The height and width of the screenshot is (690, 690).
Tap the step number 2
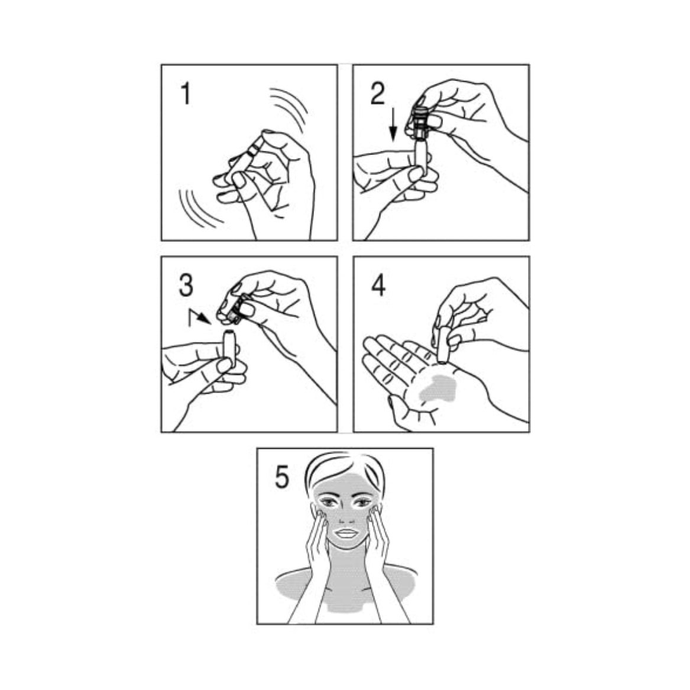378,93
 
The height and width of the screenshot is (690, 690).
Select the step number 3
186,284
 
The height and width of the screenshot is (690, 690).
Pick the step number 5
282,477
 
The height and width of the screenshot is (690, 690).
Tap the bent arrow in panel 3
199,317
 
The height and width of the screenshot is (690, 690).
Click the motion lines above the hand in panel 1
288,109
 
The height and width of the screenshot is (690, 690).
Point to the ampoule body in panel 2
420,154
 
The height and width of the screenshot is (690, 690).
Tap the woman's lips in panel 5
346,533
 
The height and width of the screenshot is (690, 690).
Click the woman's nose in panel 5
346,516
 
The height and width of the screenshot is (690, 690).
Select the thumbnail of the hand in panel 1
239,179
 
